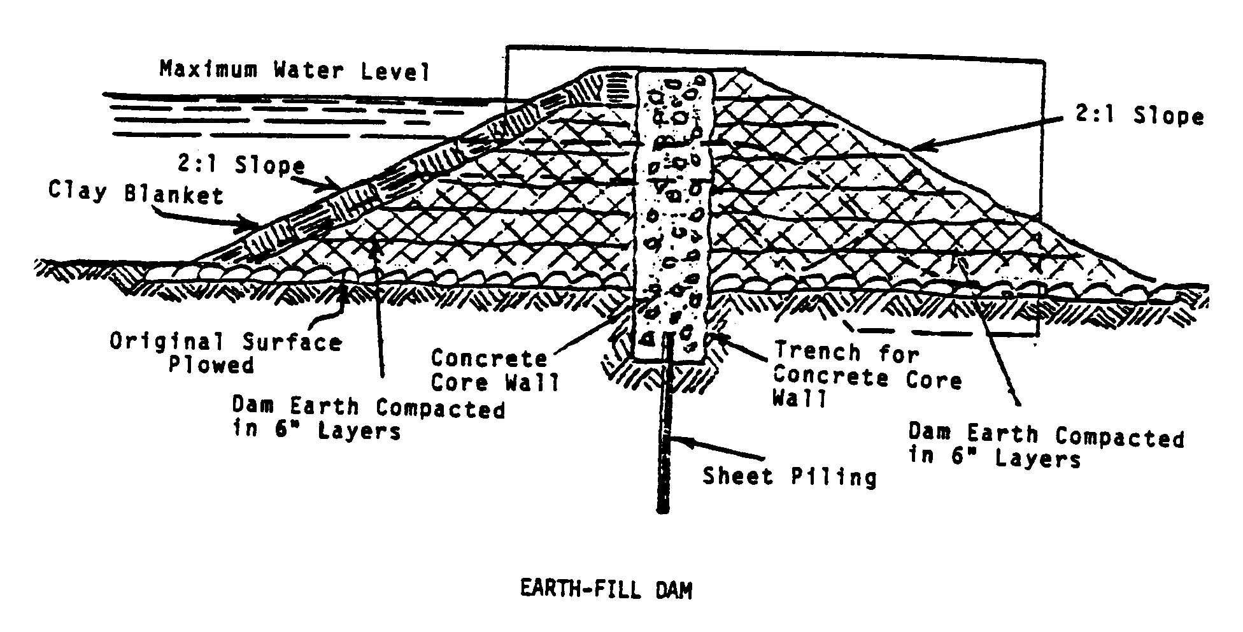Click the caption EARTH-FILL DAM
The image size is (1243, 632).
click(606, 590)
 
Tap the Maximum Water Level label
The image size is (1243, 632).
click(294, 69)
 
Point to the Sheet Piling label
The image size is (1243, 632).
click(789, 476)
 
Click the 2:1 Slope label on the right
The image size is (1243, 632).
click(1139, 115)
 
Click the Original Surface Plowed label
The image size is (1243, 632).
click(225, 353)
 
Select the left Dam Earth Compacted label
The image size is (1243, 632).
click(367, 418)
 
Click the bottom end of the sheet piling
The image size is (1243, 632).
click(663, 509)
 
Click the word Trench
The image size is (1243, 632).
click(817, 352)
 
